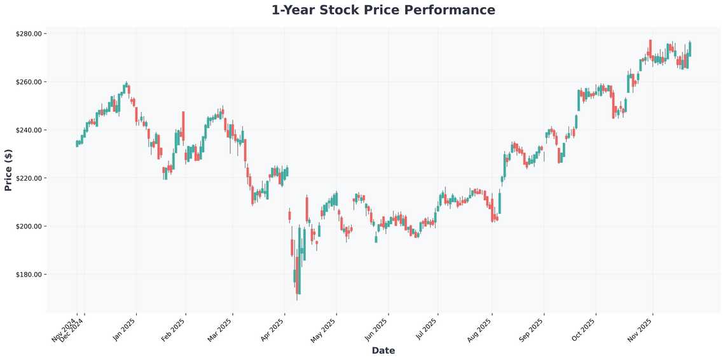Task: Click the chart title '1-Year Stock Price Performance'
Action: point(383,10)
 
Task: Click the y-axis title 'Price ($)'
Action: point(8,169)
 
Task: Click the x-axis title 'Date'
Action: point(383,350)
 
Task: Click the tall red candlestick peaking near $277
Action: point(650,48)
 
